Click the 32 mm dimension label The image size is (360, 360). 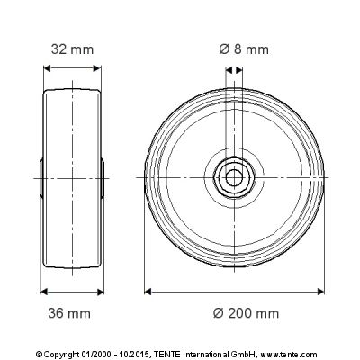tap(72, 49)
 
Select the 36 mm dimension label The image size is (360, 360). tap(69, 313)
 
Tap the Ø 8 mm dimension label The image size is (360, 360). tap(244, 49)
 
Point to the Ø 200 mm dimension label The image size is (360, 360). tap(246, 313)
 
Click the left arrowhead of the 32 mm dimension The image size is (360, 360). tap(48, 68)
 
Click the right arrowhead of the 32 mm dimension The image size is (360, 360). tap(97, 68)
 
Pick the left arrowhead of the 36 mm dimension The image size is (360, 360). tap(44, 292)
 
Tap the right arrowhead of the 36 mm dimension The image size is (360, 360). tap(100, 292)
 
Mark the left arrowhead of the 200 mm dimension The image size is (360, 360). tap(148, 292)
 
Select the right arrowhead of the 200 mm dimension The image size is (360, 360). tap(320, 292)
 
